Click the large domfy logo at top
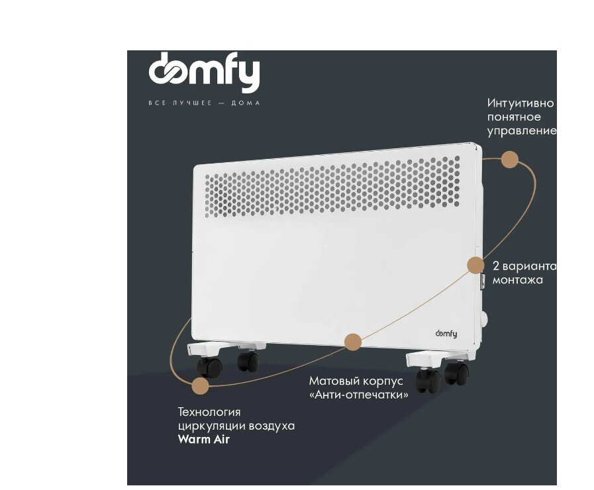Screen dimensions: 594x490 pyautogui.click(x=204, y=72)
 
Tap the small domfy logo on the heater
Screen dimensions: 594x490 pyautogui.click(x=446, y=334)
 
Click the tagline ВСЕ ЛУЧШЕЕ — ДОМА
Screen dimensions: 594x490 pyautogui.click(x=204, y=103)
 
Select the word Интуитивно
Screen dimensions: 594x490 pyautogui.click(x=520, y=103)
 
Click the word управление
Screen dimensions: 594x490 pyautogui.click(x=522, y=131)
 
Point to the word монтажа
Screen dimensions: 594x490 pyautogui.click(x=517, y=280)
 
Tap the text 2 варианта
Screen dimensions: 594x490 pyautogui.click(x=524, y=266)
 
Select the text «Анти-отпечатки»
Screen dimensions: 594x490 pyautogui.click(x=359, y=395)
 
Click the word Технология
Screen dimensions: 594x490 pyautogui.click(x=209, y=412)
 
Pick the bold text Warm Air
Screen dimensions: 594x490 pyautogui.click(x=204, y=440)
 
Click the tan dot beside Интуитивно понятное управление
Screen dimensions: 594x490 pyautogui.click(x=509, y=160)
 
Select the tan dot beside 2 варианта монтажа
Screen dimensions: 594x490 pyautogui.click(x=475, y=265)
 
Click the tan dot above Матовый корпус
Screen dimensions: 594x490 pyautogui.click(x=353, y=342)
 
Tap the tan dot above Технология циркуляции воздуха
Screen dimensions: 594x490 pyautogui.click(x=199, y=386)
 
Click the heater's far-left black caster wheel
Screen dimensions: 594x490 pyautogui.click(x=209, y=367)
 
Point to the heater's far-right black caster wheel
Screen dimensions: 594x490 pyautogui.click(x=457, y=373)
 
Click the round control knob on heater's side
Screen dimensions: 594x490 pyautogui.click(x=484, y=319)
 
